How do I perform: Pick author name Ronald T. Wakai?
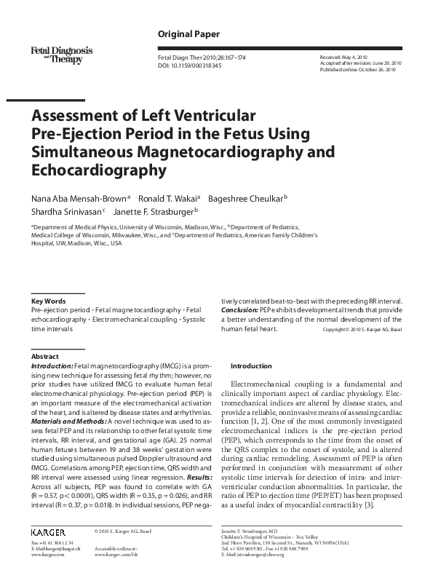pos(170,197)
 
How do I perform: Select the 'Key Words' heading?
pos(49,301)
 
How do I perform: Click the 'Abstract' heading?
pos(45,356)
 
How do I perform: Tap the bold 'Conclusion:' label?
pos(239,309)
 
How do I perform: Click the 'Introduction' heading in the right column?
pos(250,365)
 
